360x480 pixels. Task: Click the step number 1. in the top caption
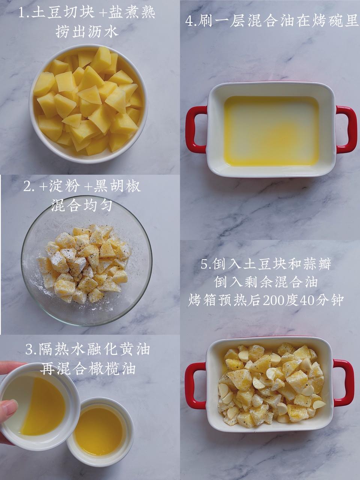[25, 13]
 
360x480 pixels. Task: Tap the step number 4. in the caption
[191, 21]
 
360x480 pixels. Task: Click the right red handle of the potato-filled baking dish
[344, 383]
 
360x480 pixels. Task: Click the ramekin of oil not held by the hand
[100, 431]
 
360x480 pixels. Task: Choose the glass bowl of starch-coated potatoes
[87, 260]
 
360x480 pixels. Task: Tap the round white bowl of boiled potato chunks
[88, 103]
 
